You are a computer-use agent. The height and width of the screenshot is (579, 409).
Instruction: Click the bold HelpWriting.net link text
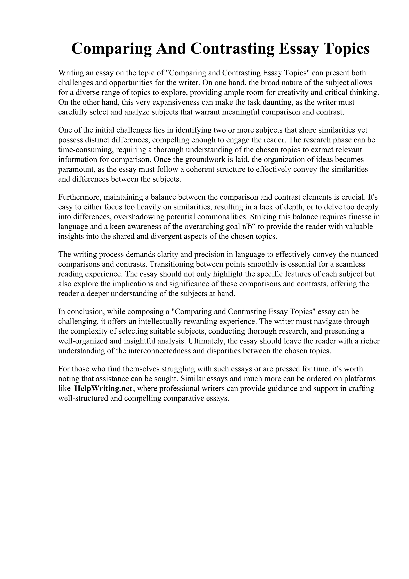[103, 388]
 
